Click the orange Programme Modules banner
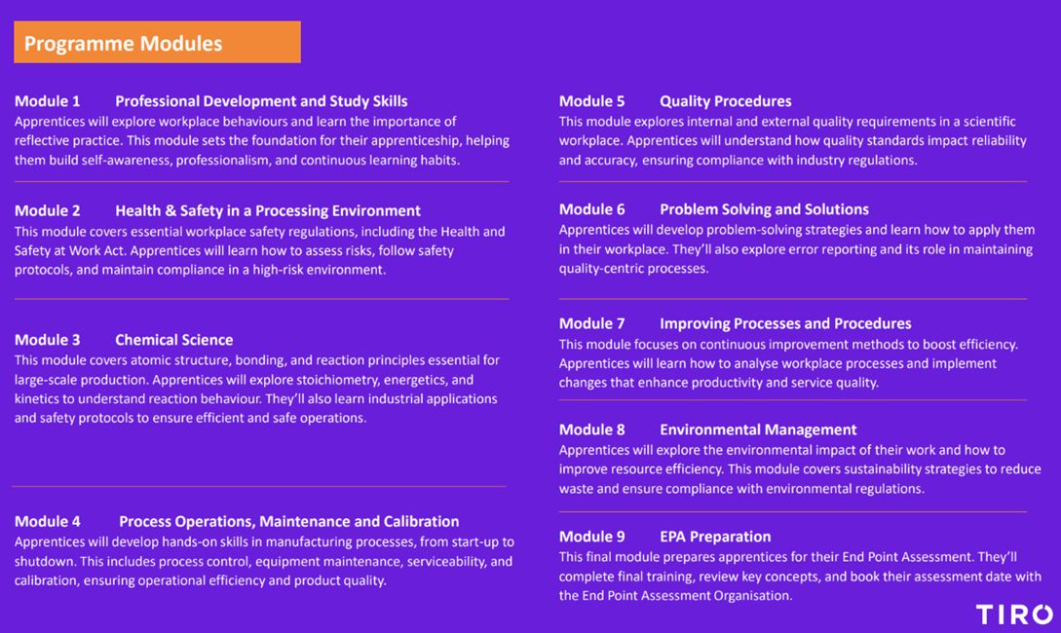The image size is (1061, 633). coord(157,42)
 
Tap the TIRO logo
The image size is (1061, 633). coord(1014,614)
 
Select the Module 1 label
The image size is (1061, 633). coord(48,100)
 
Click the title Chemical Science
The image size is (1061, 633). coord(173,340)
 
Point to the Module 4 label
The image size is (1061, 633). coord(48,521)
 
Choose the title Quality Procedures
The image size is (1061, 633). coord(726,100)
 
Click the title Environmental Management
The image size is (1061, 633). coord(758,429)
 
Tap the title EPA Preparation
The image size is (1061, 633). coord(715,537)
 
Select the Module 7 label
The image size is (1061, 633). coord(591,323)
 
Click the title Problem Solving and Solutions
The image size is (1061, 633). coord(764,209)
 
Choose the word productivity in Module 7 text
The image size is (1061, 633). coord(729,382)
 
